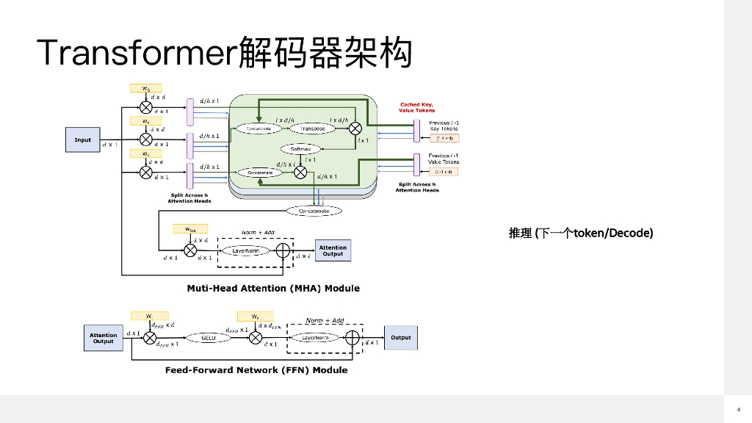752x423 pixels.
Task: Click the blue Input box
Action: click(83, 140)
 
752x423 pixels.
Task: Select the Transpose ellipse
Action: click(312, 128)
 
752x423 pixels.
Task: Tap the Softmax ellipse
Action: click(301, 148)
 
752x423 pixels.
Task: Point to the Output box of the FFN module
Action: click(401, 338)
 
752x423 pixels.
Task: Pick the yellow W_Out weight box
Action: click(190, 228)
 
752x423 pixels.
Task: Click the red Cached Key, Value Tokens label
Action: click(417, 107)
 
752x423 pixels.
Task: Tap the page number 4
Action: click(738, 408)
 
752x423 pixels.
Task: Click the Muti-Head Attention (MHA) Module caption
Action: click(273, 288)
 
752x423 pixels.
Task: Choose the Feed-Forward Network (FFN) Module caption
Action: click(256, 370)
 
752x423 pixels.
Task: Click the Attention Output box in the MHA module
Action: click(333, 250)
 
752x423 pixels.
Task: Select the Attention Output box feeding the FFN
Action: click(104, 338)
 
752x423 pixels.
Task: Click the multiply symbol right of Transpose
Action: click(356, 128)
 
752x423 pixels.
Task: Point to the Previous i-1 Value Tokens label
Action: click(444, 158)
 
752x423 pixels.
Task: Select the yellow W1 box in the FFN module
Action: click(149, 315)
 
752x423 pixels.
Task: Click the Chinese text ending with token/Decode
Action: click(580, 233)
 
